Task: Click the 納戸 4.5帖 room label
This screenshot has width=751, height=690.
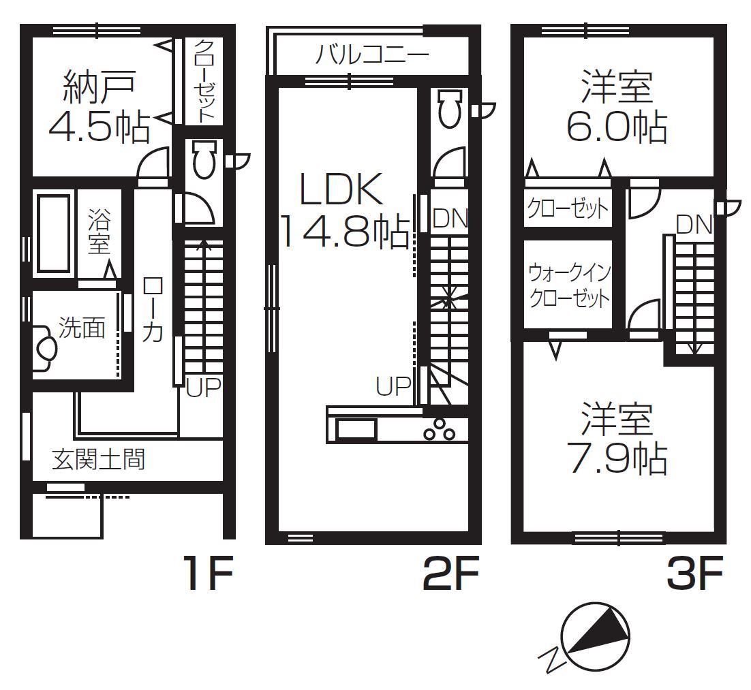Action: (x=99, y=107)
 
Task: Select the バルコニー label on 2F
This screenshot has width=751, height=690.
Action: (x=372, y=54)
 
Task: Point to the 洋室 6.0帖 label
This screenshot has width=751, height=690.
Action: (x=617, y=106)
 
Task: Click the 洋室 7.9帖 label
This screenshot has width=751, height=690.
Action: (x=617, y=439)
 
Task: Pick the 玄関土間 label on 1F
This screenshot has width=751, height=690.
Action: (x=98, y=458)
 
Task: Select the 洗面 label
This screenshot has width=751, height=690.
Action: (x=81, y=328)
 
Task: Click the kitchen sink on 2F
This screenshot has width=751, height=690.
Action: (x=356, y=428)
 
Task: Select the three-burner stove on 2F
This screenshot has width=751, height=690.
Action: (x=439, y=429)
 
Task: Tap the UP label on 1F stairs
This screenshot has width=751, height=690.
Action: (x=204, y=387)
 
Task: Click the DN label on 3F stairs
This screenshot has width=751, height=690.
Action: (x=694, y=225)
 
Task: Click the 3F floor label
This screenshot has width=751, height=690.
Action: (x=694, y=572)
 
